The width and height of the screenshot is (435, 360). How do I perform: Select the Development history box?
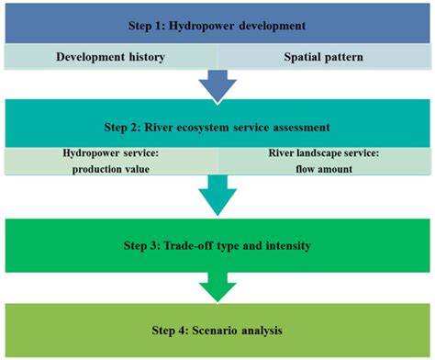(110, 56)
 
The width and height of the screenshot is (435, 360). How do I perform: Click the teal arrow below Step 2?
(217, 195)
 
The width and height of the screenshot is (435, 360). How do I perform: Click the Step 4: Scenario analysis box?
(217, 328)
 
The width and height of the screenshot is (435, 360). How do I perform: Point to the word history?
(144, 56)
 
